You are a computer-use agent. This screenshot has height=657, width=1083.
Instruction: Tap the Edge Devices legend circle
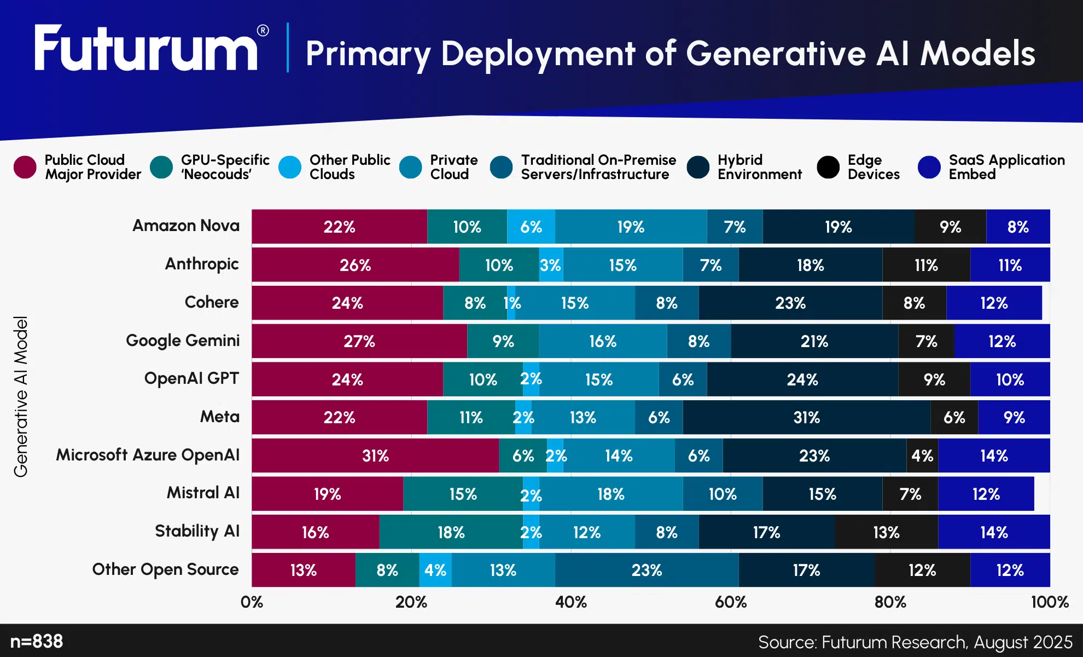coord(828,167)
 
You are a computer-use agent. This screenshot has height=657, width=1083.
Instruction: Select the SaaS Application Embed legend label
coord(1006,167)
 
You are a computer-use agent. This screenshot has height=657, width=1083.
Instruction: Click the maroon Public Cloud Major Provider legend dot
coord(25,167)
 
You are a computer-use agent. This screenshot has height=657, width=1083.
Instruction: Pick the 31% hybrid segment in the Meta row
coord(806,418)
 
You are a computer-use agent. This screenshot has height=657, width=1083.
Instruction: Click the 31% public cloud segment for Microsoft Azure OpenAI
coord(375,456)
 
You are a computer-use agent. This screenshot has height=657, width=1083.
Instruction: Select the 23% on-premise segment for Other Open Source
coord(647,570)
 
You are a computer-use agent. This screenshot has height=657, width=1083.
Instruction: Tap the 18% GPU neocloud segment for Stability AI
coord(451,532)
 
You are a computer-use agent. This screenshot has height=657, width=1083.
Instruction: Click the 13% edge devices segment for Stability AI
coord(886,532)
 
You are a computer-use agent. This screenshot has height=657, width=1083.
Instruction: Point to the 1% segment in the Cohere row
coord(511,303)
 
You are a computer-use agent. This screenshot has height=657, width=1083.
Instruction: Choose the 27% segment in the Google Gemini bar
coord(359,341)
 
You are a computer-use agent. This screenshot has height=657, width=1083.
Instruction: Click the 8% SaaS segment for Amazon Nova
coord(1018,227)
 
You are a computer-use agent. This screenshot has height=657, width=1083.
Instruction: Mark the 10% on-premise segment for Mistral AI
coord(723,494)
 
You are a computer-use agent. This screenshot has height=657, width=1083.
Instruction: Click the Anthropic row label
coord(202,264)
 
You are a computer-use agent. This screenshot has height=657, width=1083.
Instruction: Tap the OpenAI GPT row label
coord(191,378)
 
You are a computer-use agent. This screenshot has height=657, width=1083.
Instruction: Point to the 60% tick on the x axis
coord(731,602)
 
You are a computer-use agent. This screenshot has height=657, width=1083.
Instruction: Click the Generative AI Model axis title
coord(21,396)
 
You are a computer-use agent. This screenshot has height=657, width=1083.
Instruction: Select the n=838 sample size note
coord(37,641)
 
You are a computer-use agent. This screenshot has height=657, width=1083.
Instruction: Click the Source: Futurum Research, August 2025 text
coord(915,642)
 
